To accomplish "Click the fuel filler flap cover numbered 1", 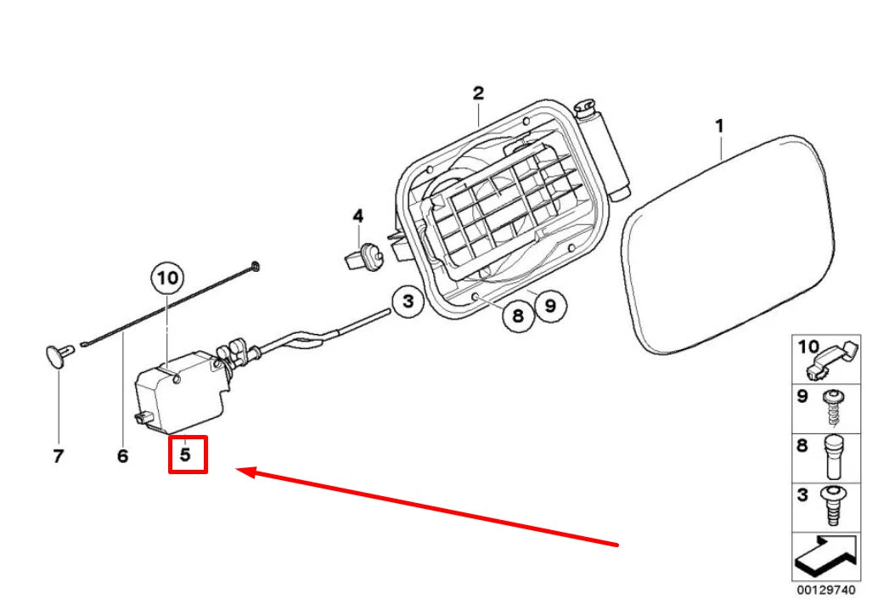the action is (728, 246).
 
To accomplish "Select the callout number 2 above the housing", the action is (478, 93).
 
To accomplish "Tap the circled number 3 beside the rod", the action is (408, 301).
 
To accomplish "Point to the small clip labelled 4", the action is (364, 256).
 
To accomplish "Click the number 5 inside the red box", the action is (185, 455).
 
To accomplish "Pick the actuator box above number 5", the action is (180, 391).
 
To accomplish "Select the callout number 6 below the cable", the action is (123, 456).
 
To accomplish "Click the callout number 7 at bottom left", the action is (59, 456).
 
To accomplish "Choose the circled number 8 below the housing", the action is (518, 315).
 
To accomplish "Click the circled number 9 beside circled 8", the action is (549, 306).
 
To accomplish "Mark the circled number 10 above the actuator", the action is (167, 278).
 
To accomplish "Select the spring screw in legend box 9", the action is (834, 407).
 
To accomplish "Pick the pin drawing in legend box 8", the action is (835, 458).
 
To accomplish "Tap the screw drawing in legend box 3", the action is (833, 506).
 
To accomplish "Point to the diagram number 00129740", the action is (826, 590).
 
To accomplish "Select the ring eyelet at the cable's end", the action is (255, 266).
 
